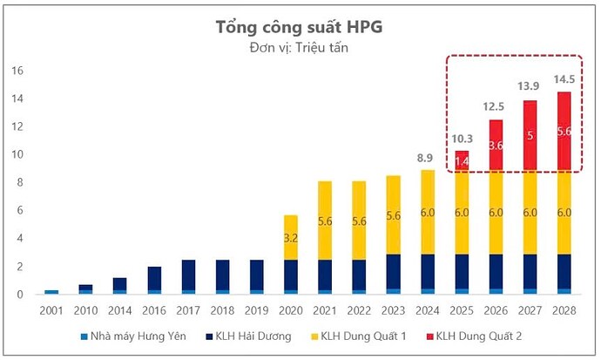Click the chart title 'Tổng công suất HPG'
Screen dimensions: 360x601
[x=299, y=27]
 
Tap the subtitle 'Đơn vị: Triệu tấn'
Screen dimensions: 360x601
[x=299, y=47]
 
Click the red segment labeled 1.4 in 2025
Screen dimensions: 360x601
[x=461, y=160]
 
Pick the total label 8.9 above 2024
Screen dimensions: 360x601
[x=427, y=157]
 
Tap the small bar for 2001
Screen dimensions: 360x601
[x=51, y=292]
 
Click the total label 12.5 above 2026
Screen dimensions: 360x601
[x=495, y=106]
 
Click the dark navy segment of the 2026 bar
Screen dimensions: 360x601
[x=495, y=272]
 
